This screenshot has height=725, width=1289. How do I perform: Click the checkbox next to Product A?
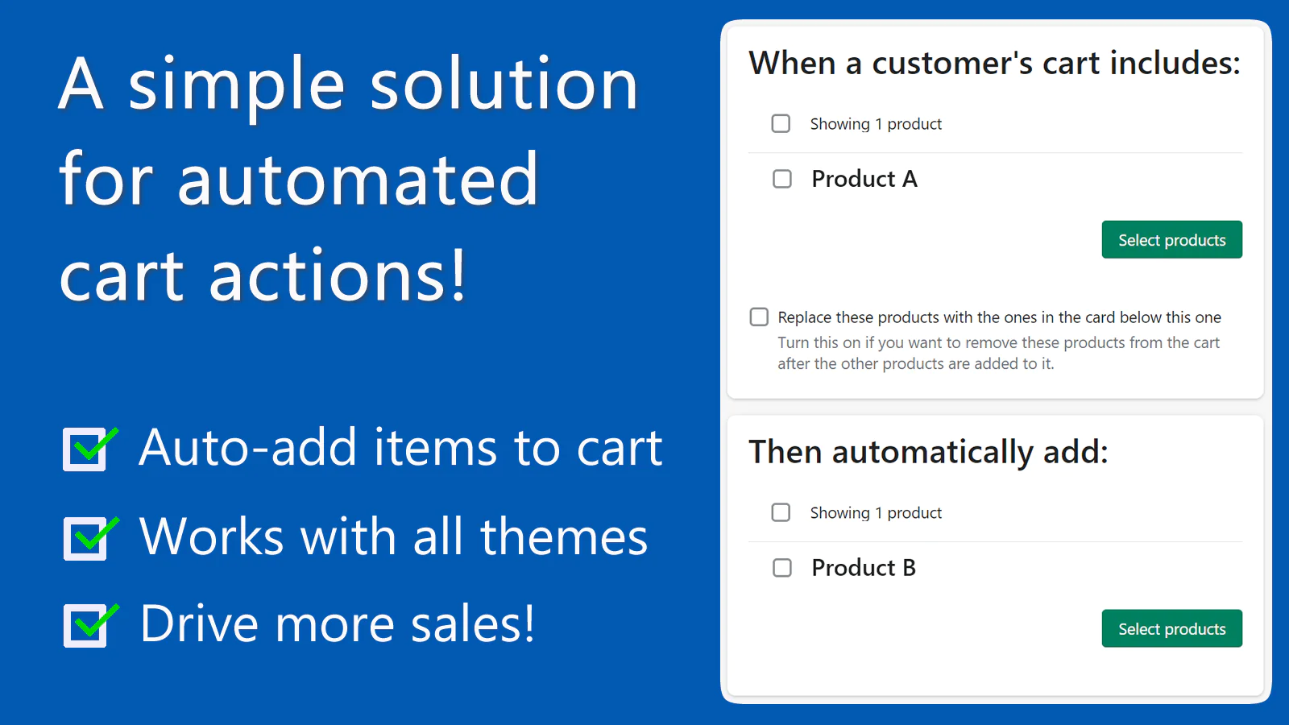coord(782,179)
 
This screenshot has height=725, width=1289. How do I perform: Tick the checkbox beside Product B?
coord(782,568)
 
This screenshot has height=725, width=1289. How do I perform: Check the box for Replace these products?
coord(759,317)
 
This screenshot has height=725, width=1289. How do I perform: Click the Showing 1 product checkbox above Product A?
coord(781,123)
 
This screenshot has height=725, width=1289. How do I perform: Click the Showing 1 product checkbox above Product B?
coord(781,512)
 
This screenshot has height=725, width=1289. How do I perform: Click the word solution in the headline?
coord(504,85)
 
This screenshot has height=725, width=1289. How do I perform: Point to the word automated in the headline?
coord(358,180)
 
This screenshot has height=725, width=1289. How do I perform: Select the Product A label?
coord(864,179)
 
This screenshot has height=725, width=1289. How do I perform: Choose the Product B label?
coord(864,568)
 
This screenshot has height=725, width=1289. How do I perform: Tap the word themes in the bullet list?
coord(564,537)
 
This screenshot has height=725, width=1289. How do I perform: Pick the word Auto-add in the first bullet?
coord(247,448)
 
